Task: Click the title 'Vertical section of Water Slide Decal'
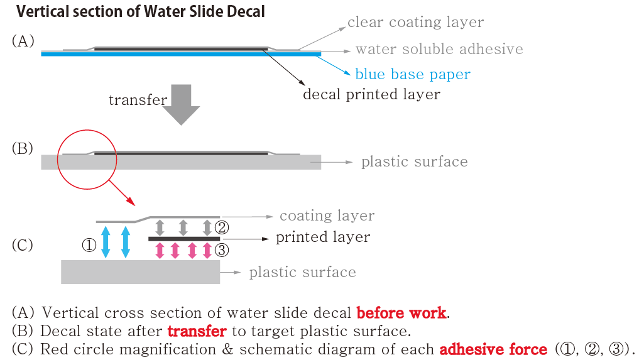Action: [x=140, y=11]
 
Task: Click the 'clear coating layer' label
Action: [x=415, y=23]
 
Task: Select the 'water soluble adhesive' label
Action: [x=439, y=49]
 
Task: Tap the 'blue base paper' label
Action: [x=412, y=74]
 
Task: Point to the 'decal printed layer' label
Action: [x=371, y=94]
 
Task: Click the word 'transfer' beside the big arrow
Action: [x=138, y=100]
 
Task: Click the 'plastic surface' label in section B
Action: [x=414, y=162]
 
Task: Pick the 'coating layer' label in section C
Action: [x=327, y=216]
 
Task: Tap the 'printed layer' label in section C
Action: [x=323, y=237]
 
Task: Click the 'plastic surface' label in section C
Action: [x=302, y=273]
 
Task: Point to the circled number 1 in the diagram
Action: [x=89, y=246]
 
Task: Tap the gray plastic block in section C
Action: [x=140, y=272]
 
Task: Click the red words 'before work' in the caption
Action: [x=401, y=313]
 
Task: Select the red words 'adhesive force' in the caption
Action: [x=494, y=349]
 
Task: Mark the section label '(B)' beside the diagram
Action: [x=22, y=150]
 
